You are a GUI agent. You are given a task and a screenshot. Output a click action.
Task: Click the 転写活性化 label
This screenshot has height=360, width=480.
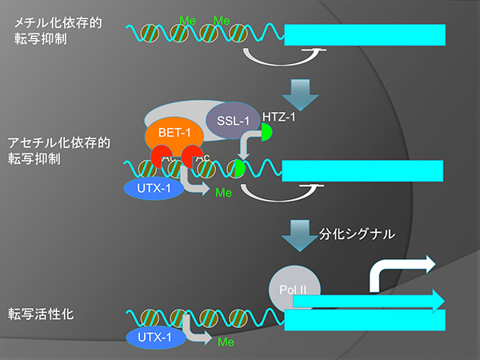[41, 314]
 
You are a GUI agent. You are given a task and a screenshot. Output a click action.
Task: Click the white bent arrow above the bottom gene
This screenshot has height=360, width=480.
[398, 272]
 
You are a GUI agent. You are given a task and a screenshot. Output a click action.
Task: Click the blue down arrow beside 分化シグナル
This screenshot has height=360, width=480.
[303, 234]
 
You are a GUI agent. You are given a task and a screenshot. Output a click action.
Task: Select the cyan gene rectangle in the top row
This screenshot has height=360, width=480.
[364, 34]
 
